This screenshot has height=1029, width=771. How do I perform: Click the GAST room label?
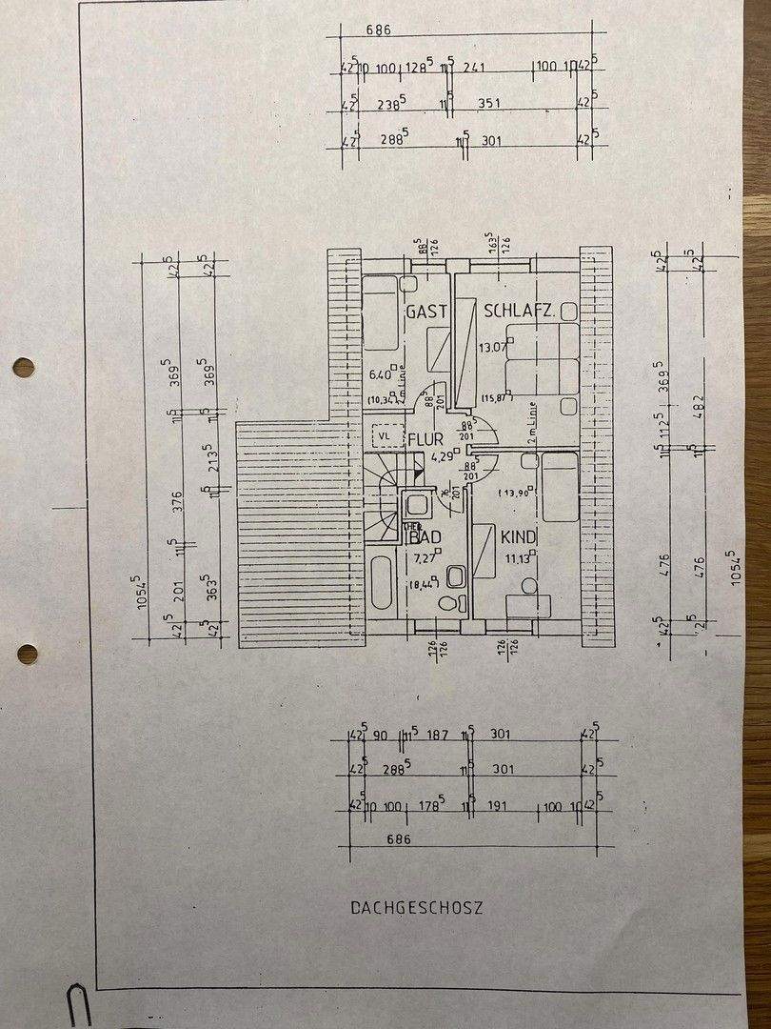point(426,312)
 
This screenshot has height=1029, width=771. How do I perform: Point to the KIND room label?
point(519,538)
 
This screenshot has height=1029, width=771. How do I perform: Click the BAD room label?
point(425,537)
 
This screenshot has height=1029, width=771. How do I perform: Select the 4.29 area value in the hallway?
point(441,455)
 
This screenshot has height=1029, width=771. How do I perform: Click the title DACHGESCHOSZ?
point(416,908)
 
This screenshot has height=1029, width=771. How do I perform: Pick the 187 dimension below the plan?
point(438,735)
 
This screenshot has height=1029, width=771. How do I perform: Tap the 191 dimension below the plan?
point(501,807)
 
